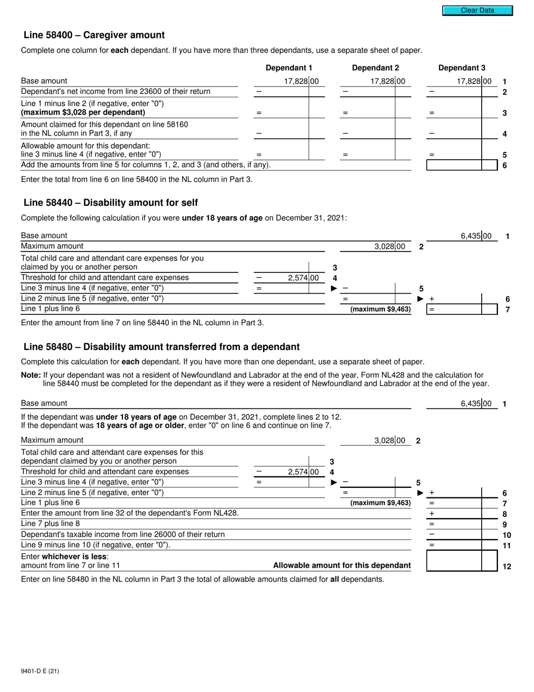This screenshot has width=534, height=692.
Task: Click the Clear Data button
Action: click(x=477, y=10)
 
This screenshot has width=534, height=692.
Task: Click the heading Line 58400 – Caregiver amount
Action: click(x=94, y=35)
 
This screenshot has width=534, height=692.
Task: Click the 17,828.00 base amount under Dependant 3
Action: click(x=474, y=81)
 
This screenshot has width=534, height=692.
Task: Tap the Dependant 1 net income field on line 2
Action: click(x=289, y=92)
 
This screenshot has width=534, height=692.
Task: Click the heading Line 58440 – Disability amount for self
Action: click(x=110, y=203)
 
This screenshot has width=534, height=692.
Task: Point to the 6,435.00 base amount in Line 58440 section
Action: click(x=476, y=236)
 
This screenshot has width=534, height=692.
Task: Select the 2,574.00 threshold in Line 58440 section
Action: click(x=302, y=278)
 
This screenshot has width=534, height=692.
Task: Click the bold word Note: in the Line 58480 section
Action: click(x=31, y=375)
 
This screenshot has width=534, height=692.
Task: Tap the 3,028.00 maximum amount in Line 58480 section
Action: click(x=389, y=441)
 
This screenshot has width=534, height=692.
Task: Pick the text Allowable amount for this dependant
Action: click(x=341, y=565)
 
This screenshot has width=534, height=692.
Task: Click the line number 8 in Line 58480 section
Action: click(x=505, y=514)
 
